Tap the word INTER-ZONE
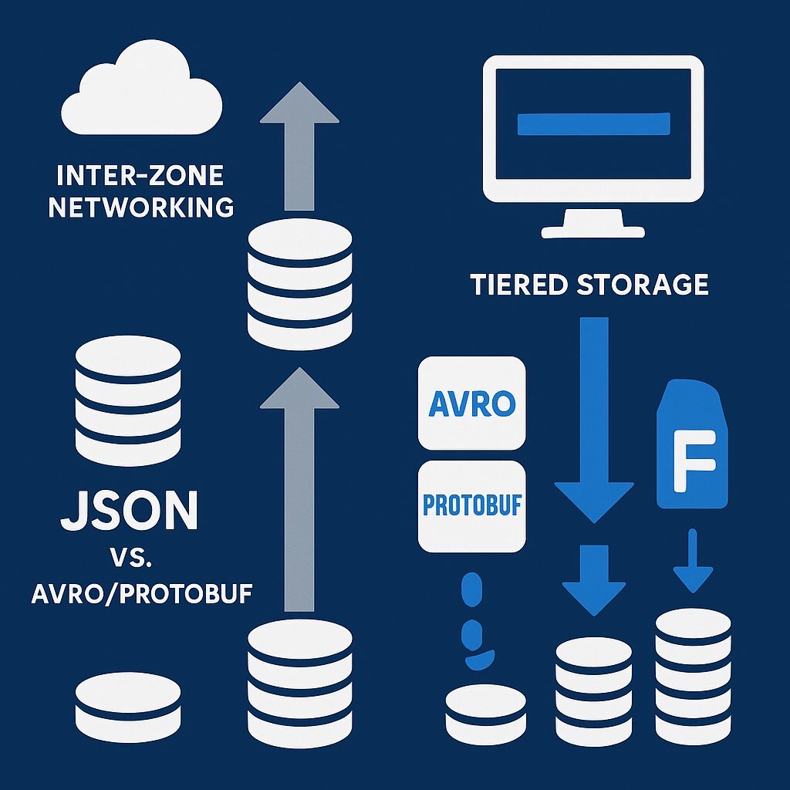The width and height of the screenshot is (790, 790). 140,176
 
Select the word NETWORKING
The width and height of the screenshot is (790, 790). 140,207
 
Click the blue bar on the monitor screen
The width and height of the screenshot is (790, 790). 593,123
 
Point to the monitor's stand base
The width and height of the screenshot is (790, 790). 592,229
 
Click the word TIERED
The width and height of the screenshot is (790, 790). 518,285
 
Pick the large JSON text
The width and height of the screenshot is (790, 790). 129,509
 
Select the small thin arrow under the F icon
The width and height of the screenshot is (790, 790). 692,561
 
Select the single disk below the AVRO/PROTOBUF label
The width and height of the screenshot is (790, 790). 128,700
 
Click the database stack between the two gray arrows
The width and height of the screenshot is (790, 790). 300,282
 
